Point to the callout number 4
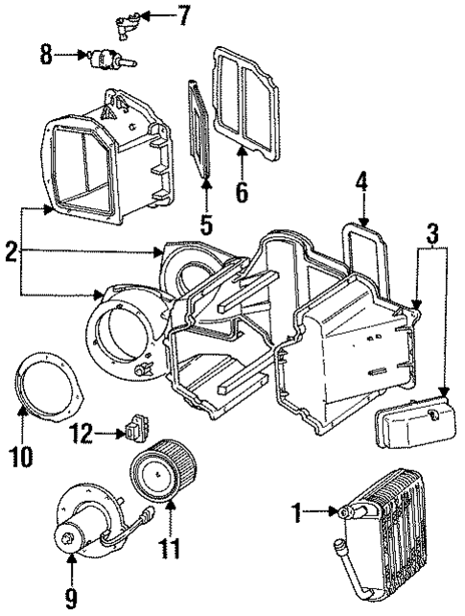tap(361, 181)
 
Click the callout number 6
tap(242, 190)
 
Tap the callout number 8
tap(45, 56)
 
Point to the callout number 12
tap(84, 435)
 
